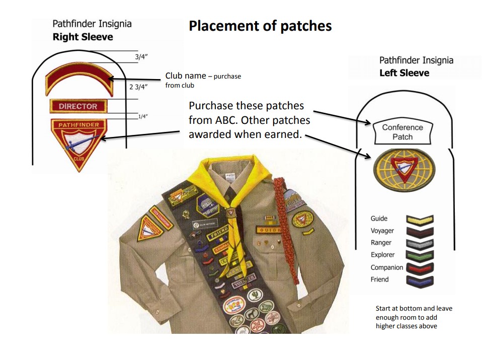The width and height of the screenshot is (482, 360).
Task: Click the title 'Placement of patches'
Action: pyautogui.click(x=260, y=26)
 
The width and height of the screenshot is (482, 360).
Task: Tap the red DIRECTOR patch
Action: pyautogui.click(x=77, y=106)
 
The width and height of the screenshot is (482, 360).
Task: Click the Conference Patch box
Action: pyautogui.click(x=403, y=132)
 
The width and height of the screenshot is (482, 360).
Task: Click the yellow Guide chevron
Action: pyautogui.click(x=419, y=220)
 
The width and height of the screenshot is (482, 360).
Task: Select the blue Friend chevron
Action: pyautogui.click(x=419, y=280)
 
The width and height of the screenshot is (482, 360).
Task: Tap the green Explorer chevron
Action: pyautogui.click(x=419, y=256)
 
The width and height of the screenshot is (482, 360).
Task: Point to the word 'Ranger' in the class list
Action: pyautogui.click(x=381, y=243)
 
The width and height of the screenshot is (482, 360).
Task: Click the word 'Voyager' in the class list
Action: pyautogui.click(x=382, y=231)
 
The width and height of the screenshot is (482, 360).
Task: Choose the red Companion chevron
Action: pyautogui.click(x=419, y=268)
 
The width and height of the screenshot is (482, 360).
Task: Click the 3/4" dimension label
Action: pyautogui.click(x=141, y=57)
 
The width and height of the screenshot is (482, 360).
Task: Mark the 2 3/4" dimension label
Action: pyautogui.click(x=138, y=87)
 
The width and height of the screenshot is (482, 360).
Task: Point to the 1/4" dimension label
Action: pyautogui.click(x=142, y=116)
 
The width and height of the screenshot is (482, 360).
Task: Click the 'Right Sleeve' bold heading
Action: pyautogui.click(x=83, y=37)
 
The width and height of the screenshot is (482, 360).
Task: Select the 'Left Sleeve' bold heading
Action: pyautogui.click(x=404, y=73)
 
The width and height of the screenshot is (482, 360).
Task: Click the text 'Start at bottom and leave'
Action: pyautogui.click(x=414, y=308)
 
